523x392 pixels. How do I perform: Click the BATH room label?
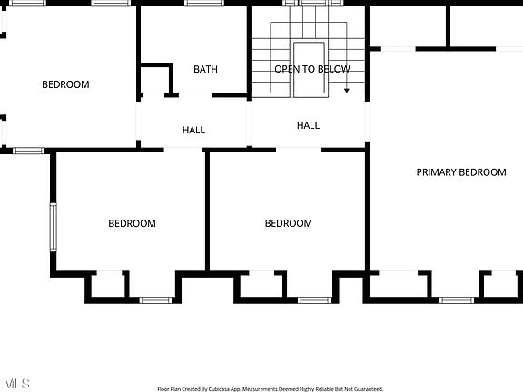coord(205,69)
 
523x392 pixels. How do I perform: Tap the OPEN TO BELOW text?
coord(312,69)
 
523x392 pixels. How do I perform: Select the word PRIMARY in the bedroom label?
coord(436,172)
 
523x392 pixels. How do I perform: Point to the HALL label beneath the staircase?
coord(308,125)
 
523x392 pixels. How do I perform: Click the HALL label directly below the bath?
coord(193,130)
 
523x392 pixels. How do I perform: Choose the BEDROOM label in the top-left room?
coord(65,84)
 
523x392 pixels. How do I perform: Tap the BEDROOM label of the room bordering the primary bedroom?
coord(289,223)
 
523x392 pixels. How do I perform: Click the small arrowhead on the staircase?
coord(347,91)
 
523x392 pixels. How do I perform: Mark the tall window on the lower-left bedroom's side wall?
coord(53,227)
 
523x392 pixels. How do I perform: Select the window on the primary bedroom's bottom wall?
coord(457,300)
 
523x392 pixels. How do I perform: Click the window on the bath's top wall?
coord(203,3)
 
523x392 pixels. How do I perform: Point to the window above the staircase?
coord(312,3)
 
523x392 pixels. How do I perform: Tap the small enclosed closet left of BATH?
coord(156,81)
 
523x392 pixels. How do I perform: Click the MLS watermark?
coord(16,383)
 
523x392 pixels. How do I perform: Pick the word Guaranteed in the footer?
coord(369,389)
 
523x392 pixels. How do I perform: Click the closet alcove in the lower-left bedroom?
coord(108,284)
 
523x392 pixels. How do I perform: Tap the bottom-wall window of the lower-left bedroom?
coord(155,300)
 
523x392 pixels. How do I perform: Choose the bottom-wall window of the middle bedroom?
coord(314,300)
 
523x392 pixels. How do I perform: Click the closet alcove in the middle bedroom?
coord(261,284)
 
